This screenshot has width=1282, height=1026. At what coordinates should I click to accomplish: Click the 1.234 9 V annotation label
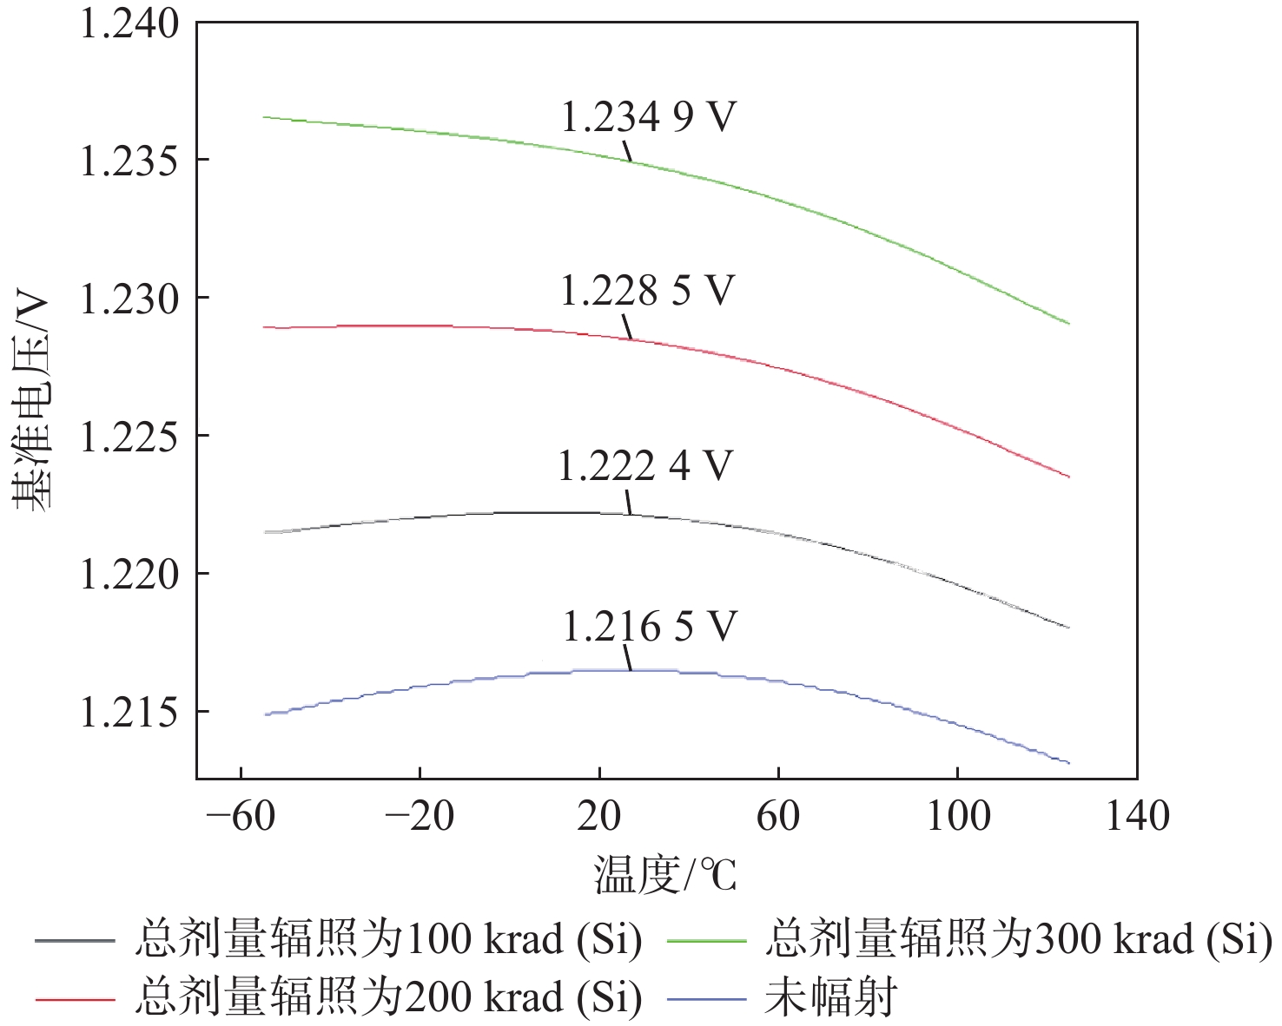pyautogui.click(x=648, y=117)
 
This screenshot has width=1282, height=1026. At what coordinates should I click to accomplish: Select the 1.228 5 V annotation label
pyautogui.click(x=647, y=291)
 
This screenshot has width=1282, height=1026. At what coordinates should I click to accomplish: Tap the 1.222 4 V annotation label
pyautogui.click(x=645, y=466)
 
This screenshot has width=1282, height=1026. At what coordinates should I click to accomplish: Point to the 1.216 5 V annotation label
pyautogui.click(x=650, y=627)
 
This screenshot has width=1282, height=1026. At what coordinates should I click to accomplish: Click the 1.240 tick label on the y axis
pyautogui.click(x=129, y=23)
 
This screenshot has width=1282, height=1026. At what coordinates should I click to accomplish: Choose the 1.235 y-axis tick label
pyautogui.click(x=129, y=161)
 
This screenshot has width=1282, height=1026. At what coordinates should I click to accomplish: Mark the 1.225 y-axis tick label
pyautogui.click(x=129, y=437)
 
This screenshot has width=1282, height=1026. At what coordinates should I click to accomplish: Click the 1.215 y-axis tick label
pyautogui.click(x=129, y=713)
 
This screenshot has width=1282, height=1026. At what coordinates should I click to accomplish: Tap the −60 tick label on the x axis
pyautogui.click(x=241, y=817)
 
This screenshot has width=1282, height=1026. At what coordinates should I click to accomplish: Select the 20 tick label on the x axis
pyautogui.click(x=599, y=817)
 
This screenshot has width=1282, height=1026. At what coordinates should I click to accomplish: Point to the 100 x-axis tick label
pyautogui.click(x=958, y=817)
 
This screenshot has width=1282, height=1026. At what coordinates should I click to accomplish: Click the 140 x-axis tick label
pyautogui.click(x=1137, y=817)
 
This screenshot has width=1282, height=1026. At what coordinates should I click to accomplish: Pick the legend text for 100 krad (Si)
pyautogui.click(x=388, y=940)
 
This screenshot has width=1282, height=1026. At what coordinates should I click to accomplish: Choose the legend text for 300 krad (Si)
pyautogui.click(x=1018, y=940)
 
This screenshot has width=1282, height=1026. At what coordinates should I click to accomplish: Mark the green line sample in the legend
pyautogui.click(x=707, y=941)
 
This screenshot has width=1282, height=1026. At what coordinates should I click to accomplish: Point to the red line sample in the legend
pyautogui.click(x=76, y=999)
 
